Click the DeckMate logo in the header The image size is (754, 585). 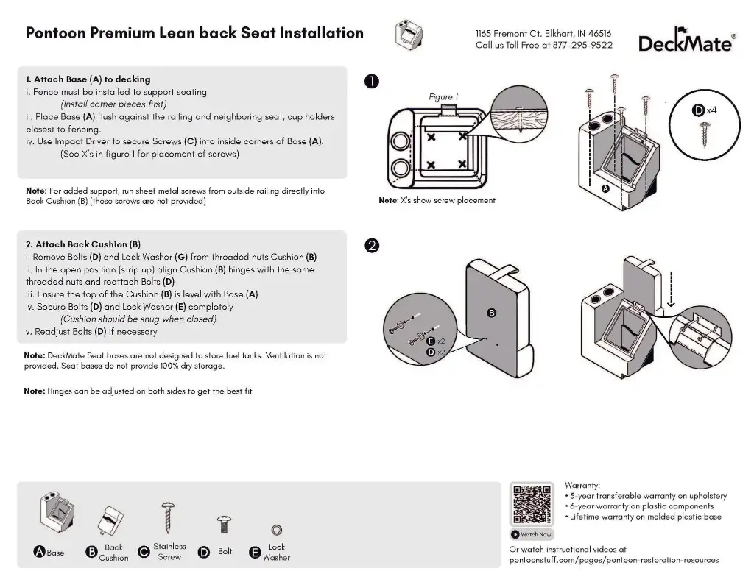pyautogui.click(x=686, y=42)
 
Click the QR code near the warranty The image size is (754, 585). pyautogui.click(x=532, y=504)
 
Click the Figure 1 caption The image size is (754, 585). pyautogui.click(x=443, y=97)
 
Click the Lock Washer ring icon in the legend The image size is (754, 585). pyautogui.click(x=277, y=530)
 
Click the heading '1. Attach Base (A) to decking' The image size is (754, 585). pyautogui.click(x=88, y=79)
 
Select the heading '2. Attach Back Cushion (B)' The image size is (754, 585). pyautogui.click(x=82, y=244)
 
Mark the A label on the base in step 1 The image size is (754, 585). pyautogui.click(x=605, y=189)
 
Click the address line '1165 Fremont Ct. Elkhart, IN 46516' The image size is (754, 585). pyautogui.click(x=543, y=33)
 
